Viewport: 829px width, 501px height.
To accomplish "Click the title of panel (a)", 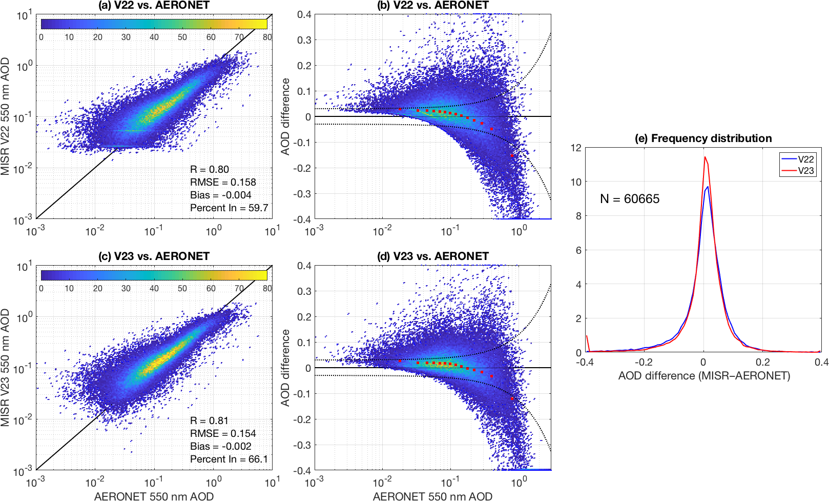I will tap(154, 5).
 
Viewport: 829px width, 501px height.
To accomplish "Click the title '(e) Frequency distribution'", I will tap(703, 138).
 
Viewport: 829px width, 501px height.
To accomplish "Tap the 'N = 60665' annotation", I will tap(630, 199).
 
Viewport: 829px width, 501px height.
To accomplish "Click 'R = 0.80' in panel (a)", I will tap(210, 169).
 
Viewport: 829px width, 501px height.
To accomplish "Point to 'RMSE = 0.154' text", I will tap(223, 433).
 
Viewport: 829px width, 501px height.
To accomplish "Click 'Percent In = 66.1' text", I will tap(229, 459).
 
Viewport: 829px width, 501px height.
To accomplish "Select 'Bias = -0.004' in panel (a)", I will tap(220, 195).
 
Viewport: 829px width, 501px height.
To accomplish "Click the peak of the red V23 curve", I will tap(705, 157).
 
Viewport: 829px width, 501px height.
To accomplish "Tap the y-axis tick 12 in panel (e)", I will tap(576, 148).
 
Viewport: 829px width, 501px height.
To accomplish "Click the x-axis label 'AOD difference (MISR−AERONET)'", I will tap(704, 375).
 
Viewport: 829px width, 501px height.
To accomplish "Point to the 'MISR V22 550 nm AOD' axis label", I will tap(6, 117).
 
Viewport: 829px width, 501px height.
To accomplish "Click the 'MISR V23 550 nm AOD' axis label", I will tap(6, 368).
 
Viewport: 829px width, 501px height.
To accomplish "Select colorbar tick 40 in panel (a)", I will tap(154, 37).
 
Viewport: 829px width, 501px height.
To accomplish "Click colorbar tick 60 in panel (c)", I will tap(211, 288).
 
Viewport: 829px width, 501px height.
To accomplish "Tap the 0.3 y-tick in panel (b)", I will tap(304, 40).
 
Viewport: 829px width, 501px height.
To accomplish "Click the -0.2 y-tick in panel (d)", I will tap(302, 419).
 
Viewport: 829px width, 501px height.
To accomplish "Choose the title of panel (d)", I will tap(433, 256).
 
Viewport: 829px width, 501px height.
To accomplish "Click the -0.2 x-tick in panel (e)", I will tap(644, 362).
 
